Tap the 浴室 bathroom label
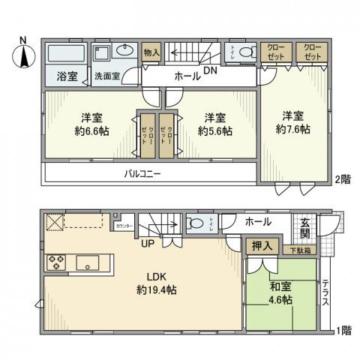[x=66, y=75]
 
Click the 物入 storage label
[x=151, y=52]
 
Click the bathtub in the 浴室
[x=66, y=53]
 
